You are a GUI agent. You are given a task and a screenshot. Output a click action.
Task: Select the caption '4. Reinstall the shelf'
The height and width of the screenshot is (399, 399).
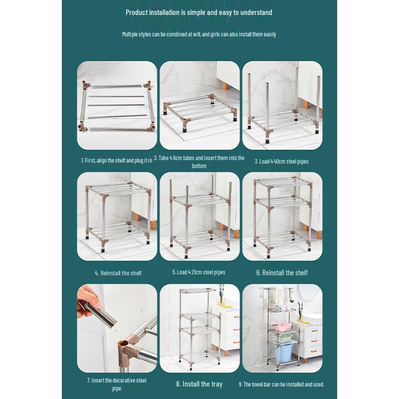coord(118,273)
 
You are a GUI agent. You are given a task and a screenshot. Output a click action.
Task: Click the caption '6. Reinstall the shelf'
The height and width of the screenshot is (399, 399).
coord(282,273)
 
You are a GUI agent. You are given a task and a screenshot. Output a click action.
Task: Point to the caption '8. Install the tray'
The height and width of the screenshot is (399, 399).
coord(199,384)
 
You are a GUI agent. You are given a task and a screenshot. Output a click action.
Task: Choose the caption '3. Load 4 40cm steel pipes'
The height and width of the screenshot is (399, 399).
coord(282,161)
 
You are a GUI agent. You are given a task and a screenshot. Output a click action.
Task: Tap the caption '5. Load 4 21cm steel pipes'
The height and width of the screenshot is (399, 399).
coord(199,272)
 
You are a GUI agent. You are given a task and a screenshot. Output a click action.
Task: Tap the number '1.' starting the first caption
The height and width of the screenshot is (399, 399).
coord(83,161)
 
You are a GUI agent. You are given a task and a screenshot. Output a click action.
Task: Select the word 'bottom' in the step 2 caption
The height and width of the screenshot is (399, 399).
coord(199,166)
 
